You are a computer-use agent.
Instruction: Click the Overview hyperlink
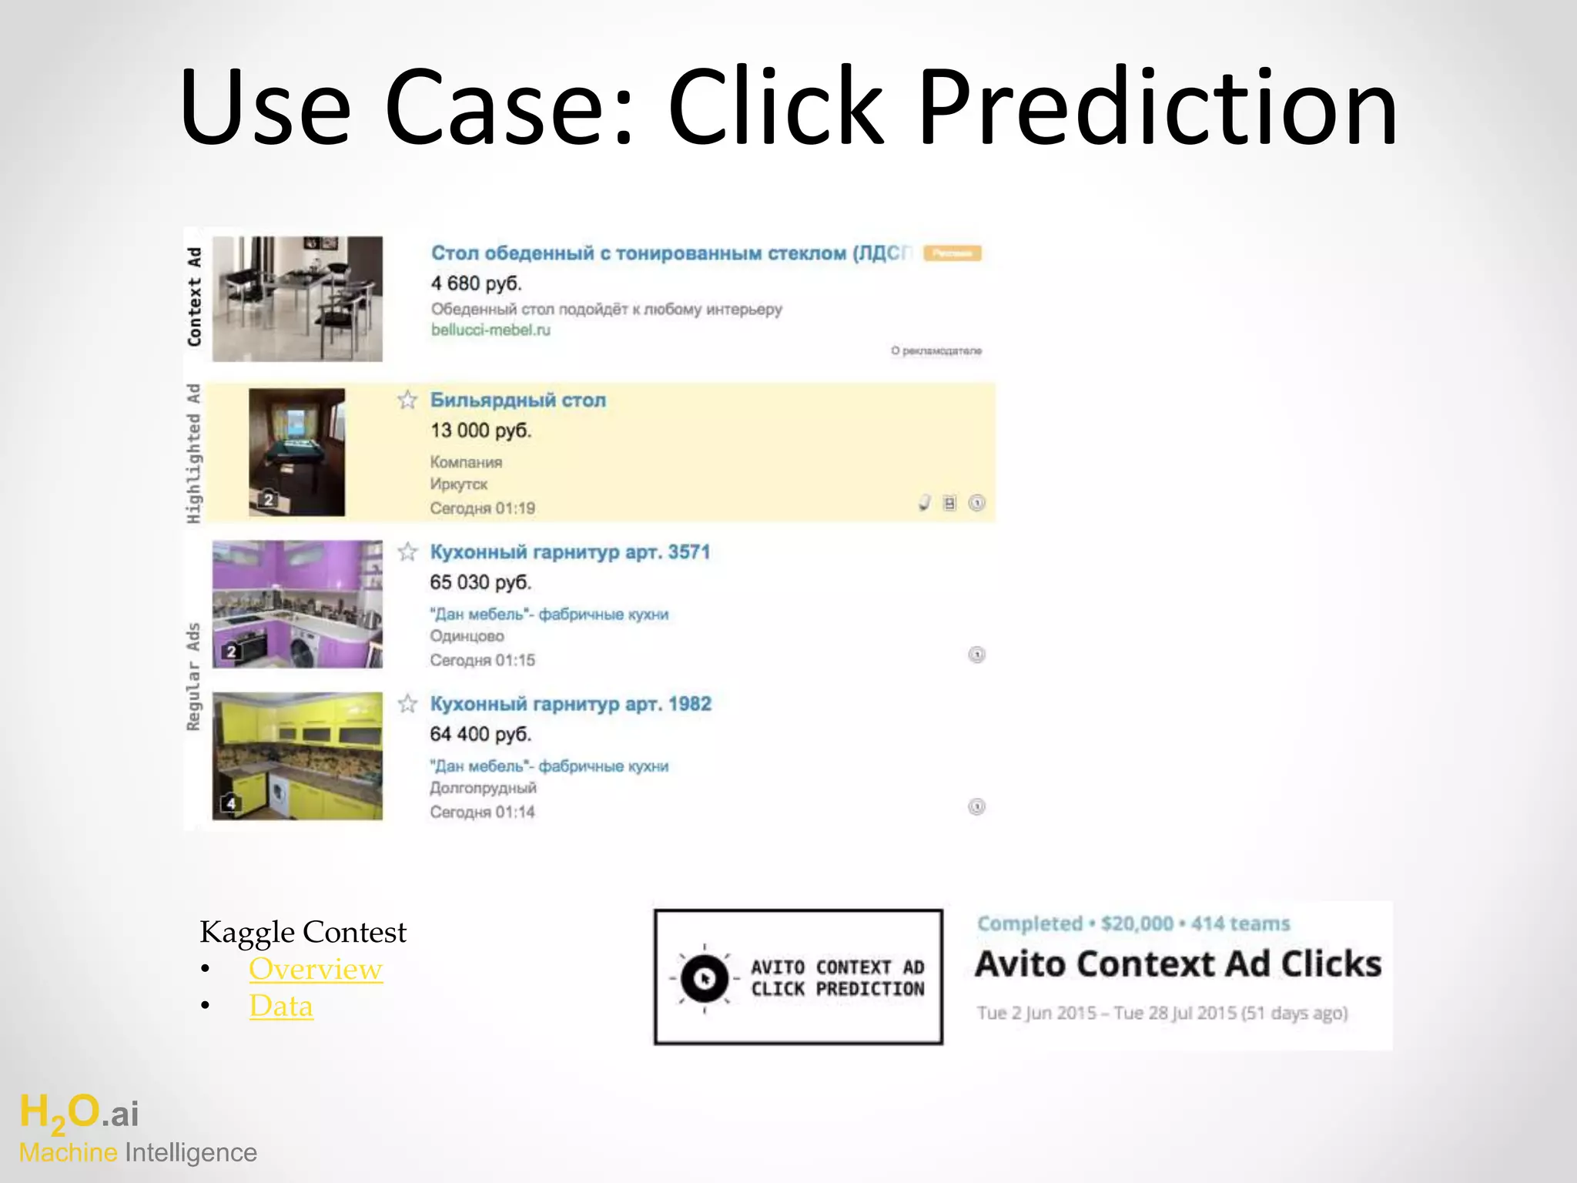pos(316,970)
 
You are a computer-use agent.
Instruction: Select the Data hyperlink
pos(281,1007)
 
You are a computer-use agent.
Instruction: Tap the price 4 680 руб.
pos(476,283)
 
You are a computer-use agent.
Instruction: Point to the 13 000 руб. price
pos(480,431)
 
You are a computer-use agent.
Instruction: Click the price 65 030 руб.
pos(480,582)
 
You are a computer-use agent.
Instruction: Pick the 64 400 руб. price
pos(480,734)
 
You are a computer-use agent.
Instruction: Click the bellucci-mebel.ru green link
pos(491,330)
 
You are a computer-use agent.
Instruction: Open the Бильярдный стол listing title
pos(517,400)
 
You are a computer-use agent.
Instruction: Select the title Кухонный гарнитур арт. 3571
pos(570,552)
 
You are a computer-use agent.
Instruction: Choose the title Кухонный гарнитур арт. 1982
pos(570,704)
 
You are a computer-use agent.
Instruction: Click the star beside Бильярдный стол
pos(407,400)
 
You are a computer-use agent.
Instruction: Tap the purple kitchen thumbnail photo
pos(297,604)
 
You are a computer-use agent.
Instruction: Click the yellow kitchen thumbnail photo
pos(297,756)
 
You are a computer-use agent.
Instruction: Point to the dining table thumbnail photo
pos(297,299)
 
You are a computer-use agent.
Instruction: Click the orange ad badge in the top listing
pos(952,253)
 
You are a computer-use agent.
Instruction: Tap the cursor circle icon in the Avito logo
pos(704,978)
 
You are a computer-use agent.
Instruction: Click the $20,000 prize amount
pos(1137,923)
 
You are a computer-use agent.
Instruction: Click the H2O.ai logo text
pos(79,1114)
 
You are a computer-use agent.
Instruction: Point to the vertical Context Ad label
pos(195,297)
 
